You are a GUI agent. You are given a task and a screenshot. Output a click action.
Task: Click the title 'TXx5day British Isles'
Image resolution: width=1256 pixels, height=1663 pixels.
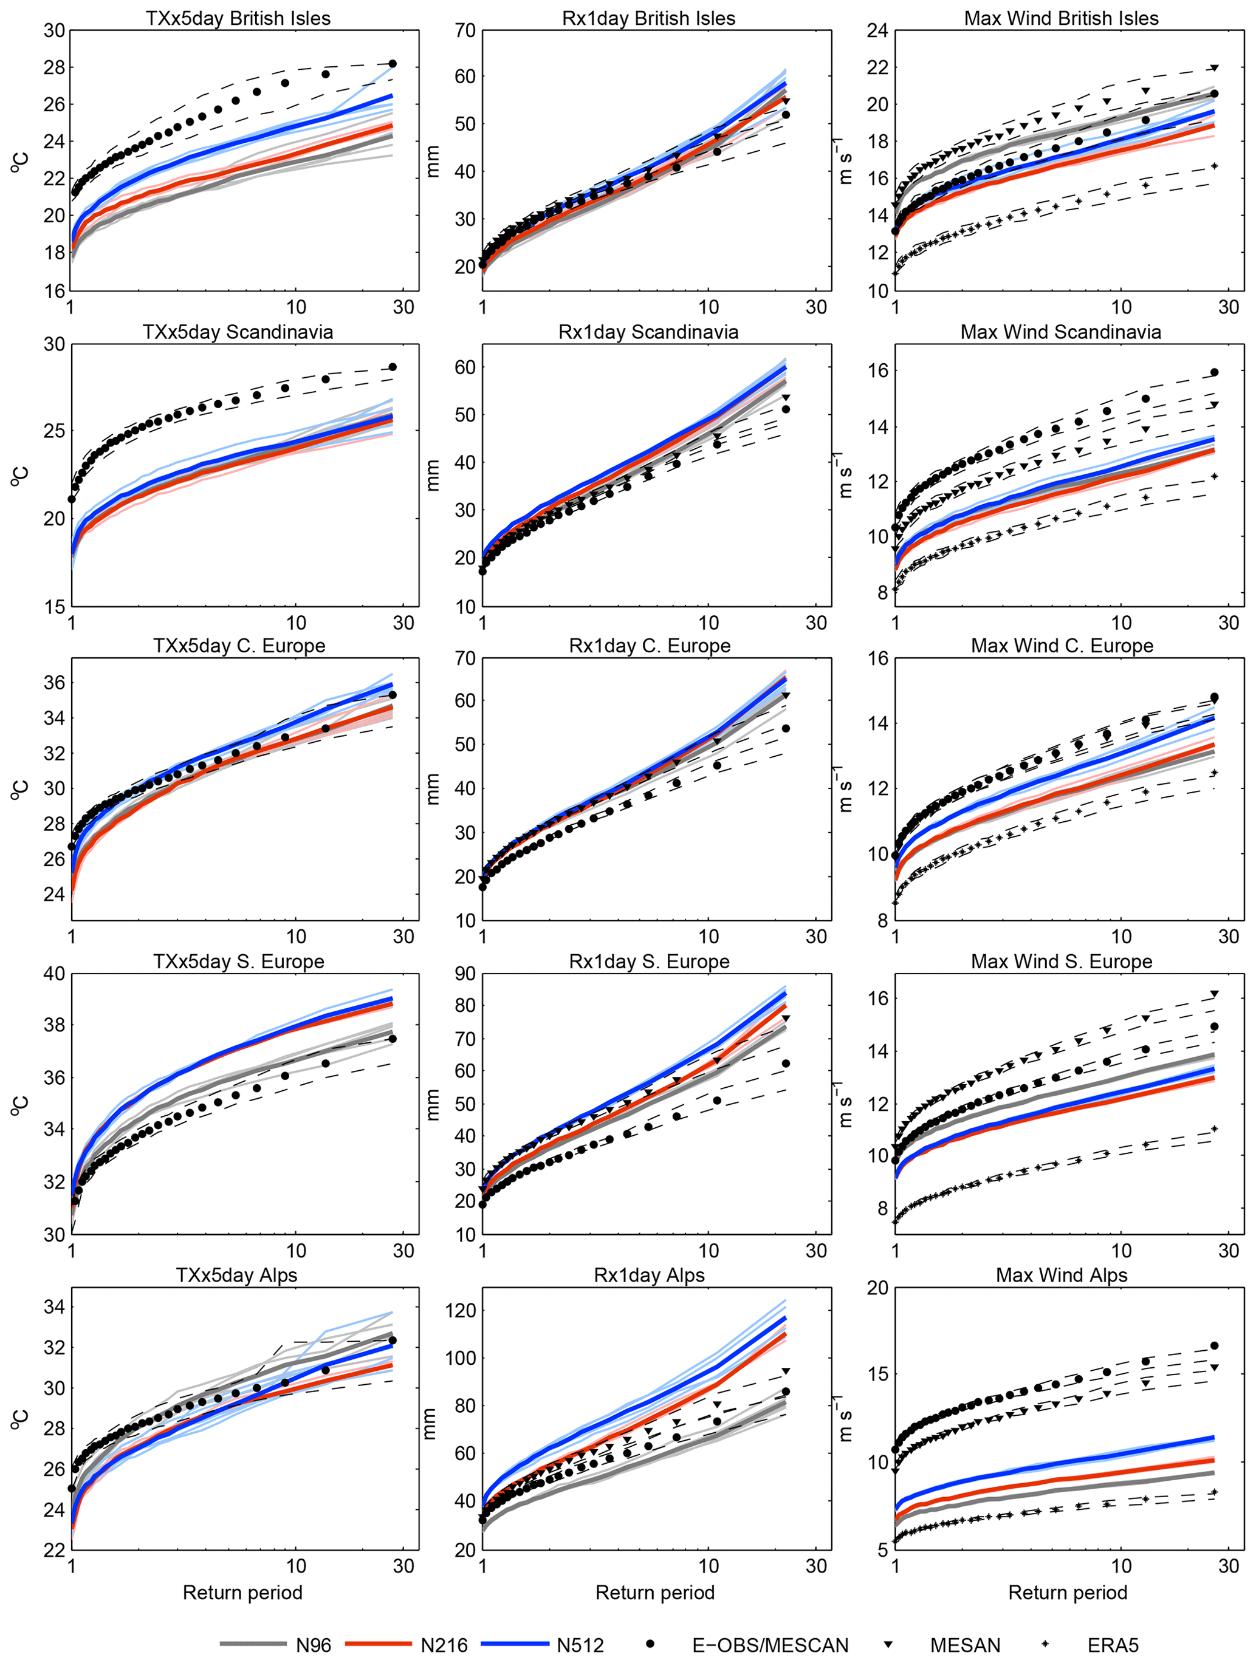tap(238, 18)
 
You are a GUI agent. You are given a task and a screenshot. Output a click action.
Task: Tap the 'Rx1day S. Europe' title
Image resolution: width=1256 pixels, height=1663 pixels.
tap(649, 961)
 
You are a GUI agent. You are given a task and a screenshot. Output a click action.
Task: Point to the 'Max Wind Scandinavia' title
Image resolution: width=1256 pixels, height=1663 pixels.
tap(1060, 332)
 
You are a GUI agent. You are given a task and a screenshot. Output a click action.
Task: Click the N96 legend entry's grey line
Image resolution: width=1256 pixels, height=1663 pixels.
tap(253, 1644)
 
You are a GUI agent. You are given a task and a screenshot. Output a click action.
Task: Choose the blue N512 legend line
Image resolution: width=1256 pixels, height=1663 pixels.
tap(515, 1644)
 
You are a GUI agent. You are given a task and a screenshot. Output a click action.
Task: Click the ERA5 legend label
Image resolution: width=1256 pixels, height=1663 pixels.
tap(1113, 1645)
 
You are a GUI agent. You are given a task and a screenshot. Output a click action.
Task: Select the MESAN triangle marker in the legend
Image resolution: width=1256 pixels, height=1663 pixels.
tap(888, 1644)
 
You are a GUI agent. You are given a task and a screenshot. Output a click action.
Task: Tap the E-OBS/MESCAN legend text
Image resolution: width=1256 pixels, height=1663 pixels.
tap(770, 1645)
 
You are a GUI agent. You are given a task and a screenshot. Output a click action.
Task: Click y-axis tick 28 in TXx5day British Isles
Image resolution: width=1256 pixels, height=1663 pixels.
tap(54, 67)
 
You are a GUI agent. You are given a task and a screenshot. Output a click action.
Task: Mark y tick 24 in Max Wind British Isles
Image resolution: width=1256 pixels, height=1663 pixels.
tap(877, 31)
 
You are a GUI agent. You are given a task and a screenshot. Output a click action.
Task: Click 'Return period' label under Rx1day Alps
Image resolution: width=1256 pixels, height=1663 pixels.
tap(655, 1593)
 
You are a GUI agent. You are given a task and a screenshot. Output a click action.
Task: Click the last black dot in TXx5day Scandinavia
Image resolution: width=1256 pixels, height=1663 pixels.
tap(392, 367)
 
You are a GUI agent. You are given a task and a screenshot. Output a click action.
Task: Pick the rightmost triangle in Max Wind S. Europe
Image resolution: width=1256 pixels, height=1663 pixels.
tap(1215, 994)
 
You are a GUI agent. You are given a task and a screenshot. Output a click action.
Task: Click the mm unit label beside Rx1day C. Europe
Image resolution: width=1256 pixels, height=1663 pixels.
tap(433, 788)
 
